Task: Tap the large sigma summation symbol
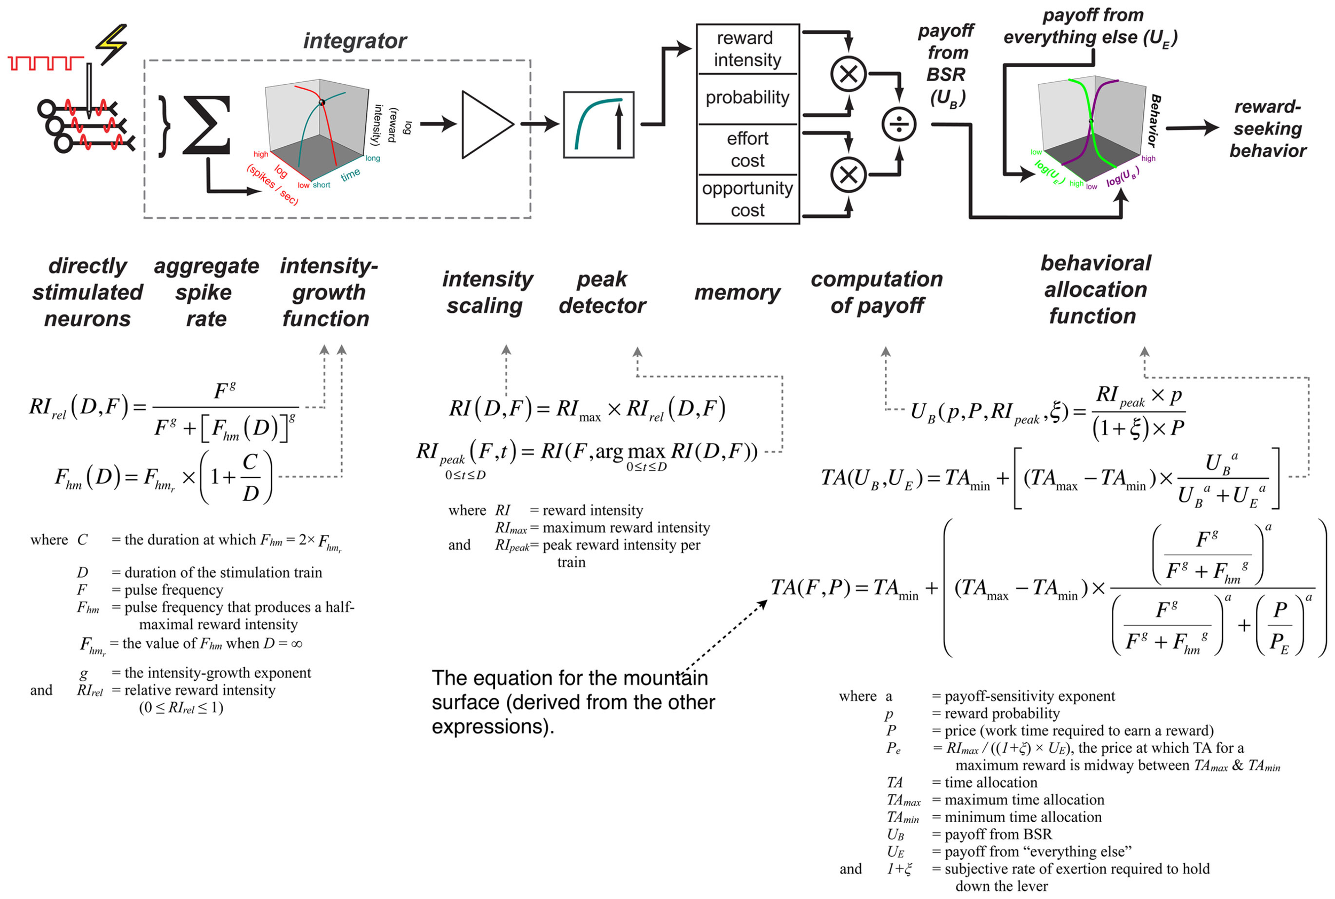tap(207, 125)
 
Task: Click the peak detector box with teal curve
tap(598, 124)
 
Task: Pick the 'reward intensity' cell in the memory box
tap(747, 49)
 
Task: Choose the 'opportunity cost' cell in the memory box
tap(747, 199)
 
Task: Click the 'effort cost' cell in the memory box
tap(747, 149)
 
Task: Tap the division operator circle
tap(898, 124)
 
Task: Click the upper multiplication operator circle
tap(847, 74)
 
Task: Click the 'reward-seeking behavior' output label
tap(1267, 129)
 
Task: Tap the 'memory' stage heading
tap(736, 293)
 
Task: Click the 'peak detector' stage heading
tap(602, 293)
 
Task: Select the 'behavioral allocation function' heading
tap(1095, 289)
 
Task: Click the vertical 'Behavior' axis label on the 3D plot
tap(1154, 121)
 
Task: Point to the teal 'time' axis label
tap(350, 174)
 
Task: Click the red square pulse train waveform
tap(46, 63)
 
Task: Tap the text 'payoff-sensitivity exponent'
tap(1029, 696)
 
